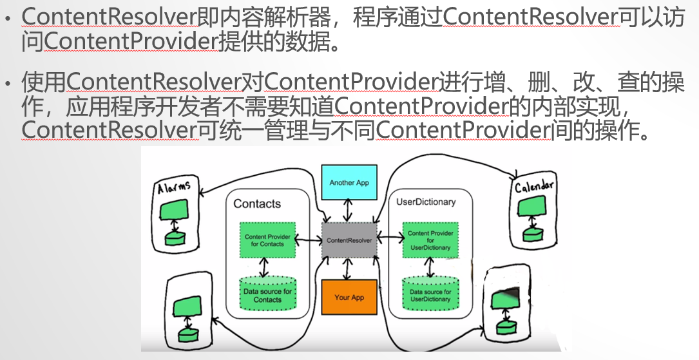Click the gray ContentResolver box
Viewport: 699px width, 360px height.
tap(349, 240)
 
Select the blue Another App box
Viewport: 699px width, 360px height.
tap(349, 182)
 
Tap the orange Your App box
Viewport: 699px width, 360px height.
tap(349, 297)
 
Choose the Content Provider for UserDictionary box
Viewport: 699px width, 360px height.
tap(430, 240)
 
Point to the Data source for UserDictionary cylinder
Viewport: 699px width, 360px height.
tap(430, 294)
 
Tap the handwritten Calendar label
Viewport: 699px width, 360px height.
tap(534, 187)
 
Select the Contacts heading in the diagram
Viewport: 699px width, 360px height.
tap(257, 204)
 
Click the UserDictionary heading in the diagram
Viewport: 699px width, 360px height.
tap(425, 202)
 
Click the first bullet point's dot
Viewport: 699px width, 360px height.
tap(8, 20)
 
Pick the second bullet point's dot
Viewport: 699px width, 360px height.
tap(8, 84)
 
